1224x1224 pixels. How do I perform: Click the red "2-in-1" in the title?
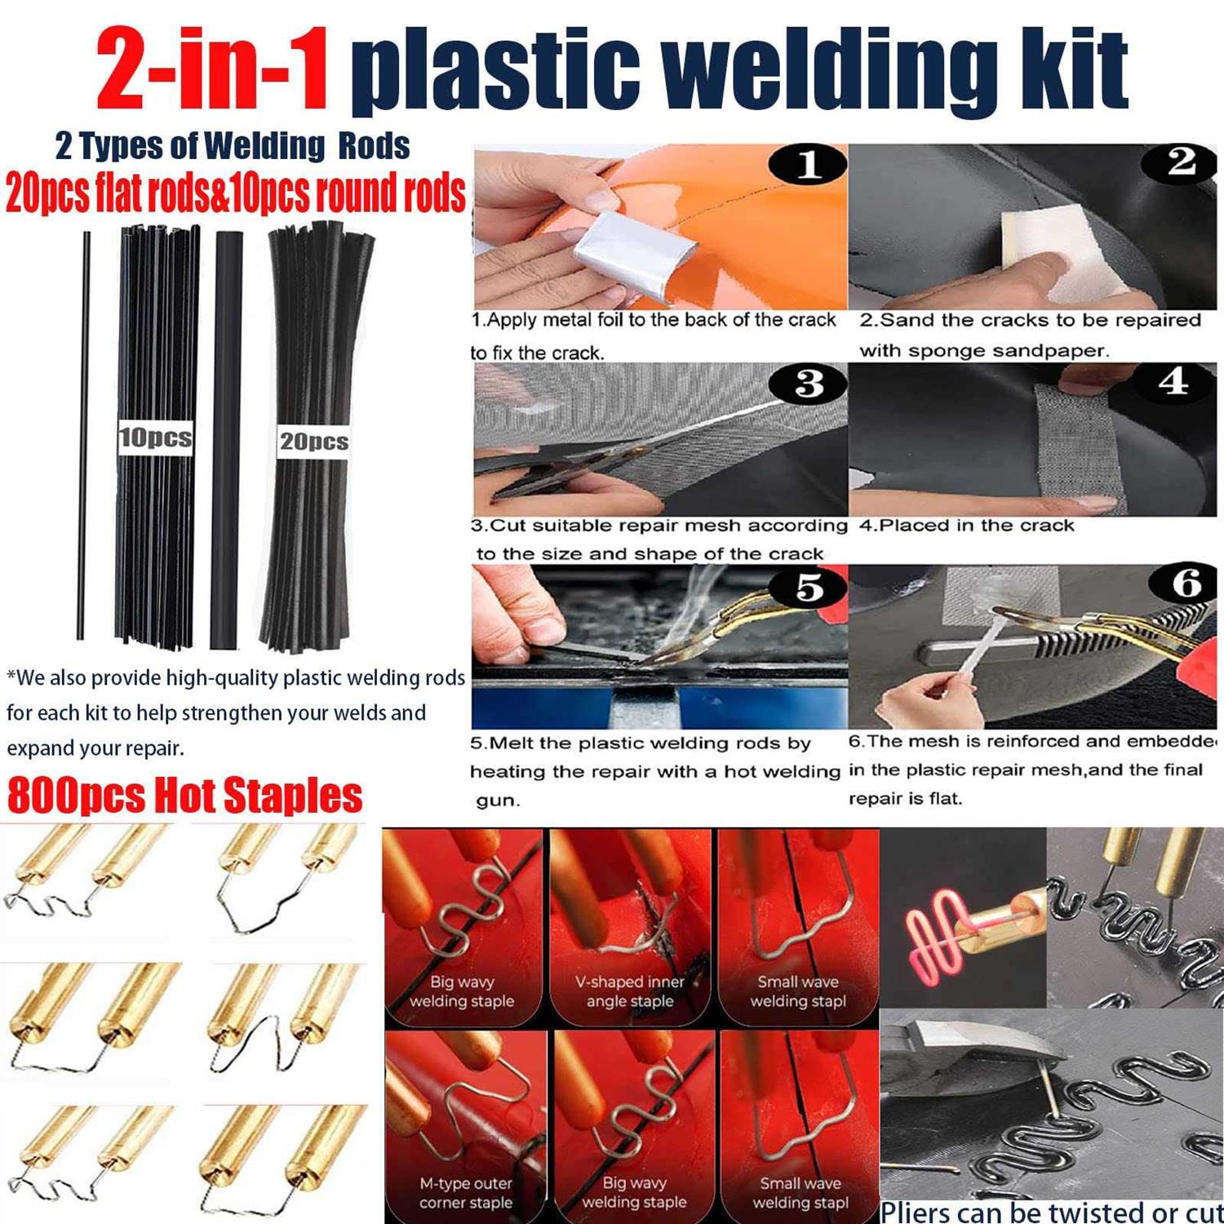(x=212, y=72)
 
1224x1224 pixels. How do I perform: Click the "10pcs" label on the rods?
(x=156, y=437)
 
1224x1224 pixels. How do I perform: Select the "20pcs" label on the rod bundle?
(x=314, y=441)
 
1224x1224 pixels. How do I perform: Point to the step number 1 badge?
(x=808, y=166)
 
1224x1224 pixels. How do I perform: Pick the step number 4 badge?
(x=1173, y=382)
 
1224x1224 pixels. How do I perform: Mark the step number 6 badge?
(x=1186, y=584)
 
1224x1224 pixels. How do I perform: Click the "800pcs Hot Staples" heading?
(x=184, y=796)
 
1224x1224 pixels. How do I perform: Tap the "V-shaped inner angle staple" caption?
(x=630, y=991)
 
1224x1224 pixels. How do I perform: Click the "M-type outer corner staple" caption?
(x=466, y=1193)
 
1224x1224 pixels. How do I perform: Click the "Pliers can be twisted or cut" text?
(x=1051, y=1211)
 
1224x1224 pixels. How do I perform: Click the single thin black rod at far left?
(x=84, y=432)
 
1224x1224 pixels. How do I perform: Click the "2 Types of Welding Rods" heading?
(x=233, y=147)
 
